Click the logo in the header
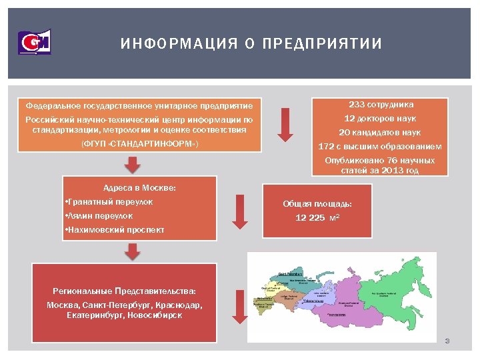click(x=34, y=42)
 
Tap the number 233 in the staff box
click(x=357, y=105)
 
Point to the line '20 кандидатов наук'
click(x=380, y=132)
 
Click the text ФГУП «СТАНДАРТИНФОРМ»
click(x=139, y=144)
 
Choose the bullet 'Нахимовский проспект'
click(x=115, y=231)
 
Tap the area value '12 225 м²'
click(x=317, y=218)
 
